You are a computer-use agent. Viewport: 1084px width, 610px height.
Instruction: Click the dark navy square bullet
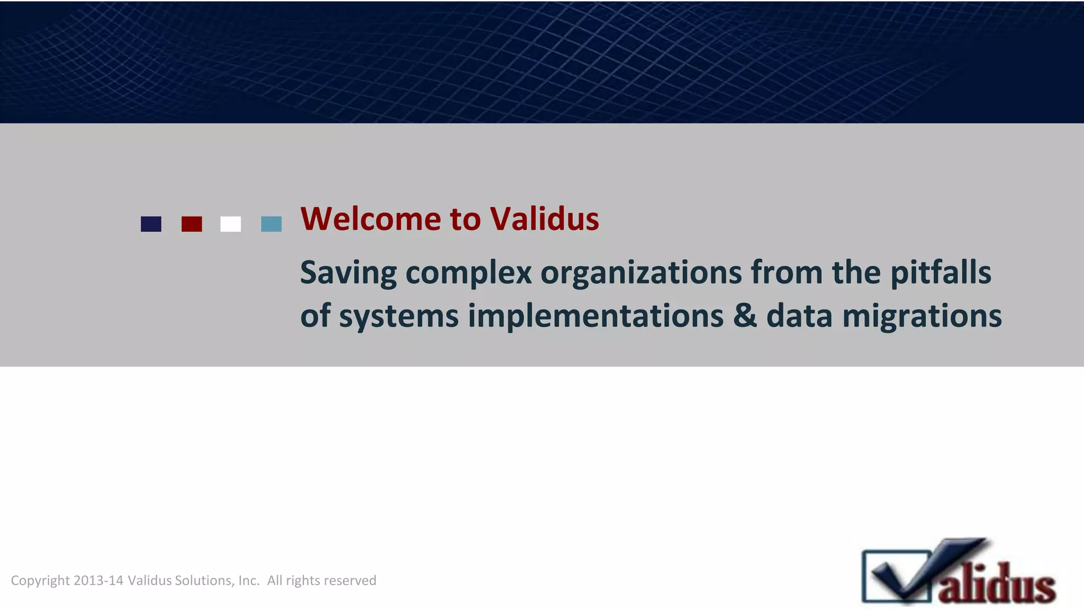pyautogui.click(x=151, y=224)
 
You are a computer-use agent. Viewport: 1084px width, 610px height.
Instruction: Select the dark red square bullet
pyautogui.click(x=192, y=224)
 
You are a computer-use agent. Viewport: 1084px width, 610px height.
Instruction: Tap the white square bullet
pyautogui.click(x=231, y=224)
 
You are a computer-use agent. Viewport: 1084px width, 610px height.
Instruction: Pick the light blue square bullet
pyautogui.click(x=272, y=224)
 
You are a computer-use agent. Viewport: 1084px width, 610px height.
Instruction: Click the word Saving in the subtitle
pyautogui.click(x=348, y=273)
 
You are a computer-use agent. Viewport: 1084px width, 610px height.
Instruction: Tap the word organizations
pyautogui.click(x=641, y=273)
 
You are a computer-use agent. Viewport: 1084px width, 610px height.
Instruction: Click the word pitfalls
pyautogui.click(x=941, y=273)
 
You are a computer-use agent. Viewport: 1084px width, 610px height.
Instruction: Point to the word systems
pyautogui.click(x=399, y=317)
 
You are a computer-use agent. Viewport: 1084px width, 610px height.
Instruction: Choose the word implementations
pyautogui.click(x=595, y=317)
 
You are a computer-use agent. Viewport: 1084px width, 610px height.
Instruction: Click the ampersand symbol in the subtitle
pyautogui.click(x=745, y=316)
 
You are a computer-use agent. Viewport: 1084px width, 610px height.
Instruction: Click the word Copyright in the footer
pyautogui.click(x=40, y=581)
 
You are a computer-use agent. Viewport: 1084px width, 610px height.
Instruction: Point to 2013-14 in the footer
pyautogui.click(x=98, y=581)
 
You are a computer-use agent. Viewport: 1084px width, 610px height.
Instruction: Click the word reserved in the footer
pyautogui.click(x=350, y=581)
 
